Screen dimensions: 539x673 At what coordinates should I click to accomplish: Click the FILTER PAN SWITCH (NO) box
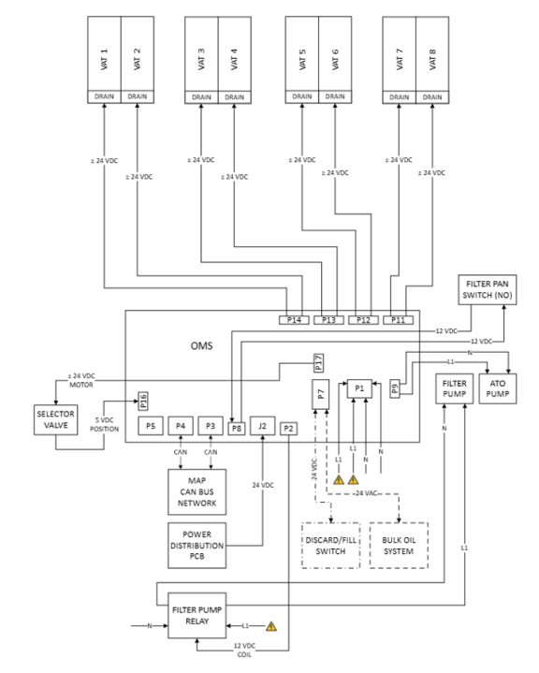click(x=488, y=290)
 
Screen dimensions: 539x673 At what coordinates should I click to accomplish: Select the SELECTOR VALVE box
click(x=56, y=419)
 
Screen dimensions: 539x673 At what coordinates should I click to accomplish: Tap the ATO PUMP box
click(x=498, y=388)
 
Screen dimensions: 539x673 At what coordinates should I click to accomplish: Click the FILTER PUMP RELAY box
click(x=197, y=616)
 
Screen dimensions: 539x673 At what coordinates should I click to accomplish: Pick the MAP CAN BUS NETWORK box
click(x=197, y=491)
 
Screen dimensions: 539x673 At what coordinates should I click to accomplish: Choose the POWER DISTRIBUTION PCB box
click(x=197, y=546)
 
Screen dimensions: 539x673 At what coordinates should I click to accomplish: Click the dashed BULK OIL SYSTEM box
click(x=399, y=546)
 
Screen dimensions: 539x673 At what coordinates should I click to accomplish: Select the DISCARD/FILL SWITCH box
click(x=331, y=546)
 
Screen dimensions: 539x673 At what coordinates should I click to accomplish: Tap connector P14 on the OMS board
click(x=294, y=320)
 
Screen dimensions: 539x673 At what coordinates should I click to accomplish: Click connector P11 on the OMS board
click(x=399, y=320)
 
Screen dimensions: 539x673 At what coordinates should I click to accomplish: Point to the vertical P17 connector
click(x=318, y=363)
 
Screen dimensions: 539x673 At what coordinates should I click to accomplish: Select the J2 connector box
click(x=262, y=426)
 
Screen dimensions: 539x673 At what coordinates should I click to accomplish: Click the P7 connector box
click(x=321, y=394)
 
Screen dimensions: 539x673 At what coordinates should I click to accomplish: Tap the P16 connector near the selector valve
click(x=143, y=401)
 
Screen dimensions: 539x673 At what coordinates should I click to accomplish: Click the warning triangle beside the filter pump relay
click(x=271, y=626)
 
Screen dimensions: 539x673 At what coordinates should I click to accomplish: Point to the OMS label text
click(x=201, y=346)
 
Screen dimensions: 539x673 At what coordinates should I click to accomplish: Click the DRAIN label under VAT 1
click(x=104, y=96)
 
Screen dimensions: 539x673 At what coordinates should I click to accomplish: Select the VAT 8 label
click(x=432, y=59)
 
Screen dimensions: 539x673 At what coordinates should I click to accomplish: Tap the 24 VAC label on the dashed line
click(x=366, y=493)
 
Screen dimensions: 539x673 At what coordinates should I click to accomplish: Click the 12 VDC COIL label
click(x=244, y=651)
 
